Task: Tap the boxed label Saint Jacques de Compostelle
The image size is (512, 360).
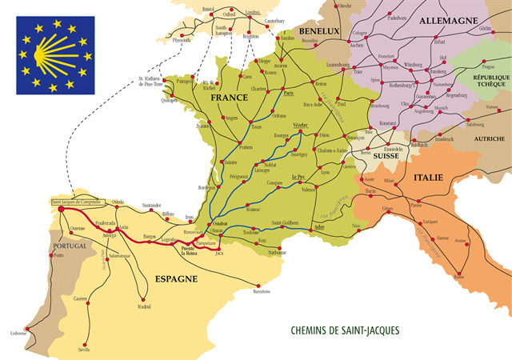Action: (76, 202)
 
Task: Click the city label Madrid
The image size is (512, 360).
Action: (143, 306)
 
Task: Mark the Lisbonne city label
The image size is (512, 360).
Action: (18, 333)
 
